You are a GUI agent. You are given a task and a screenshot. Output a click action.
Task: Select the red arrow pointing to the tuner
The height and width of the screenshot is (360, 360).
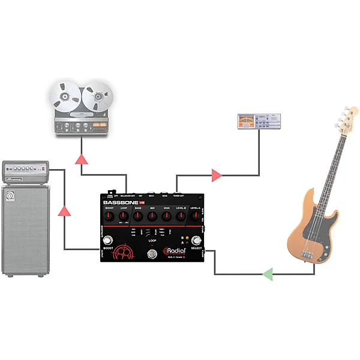[216, 176]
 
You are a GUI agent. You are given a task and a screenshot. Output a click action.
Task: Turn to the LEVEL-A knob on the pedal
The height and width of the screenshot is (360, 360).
[196, 217]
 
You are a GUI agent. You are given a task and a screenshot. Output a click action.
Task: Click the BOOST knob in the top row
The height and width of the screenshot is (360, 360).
[109, 217]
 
